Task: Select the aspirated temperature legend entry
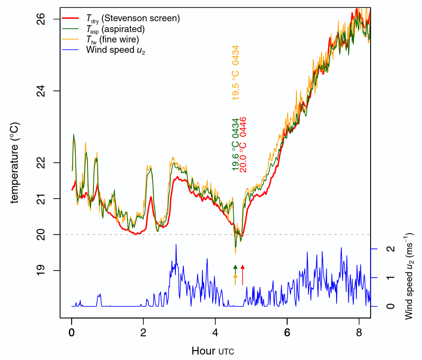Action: tap(115, 29)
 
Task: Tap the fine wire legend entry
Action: tap(112, 39)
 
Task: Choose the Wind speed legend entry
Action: tap(115, 49)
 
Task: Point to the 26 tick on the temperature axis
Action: tap(41, 19)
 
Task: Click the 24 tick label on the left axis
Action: tap(41, 91)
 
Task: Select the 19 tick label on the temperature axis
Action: tap(41, 270)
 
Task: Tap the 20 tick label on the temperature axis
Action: tap(41, 234)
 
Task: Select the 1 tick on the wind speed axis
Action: tap(390, 278)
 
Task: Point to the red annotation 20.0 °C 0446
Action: tap(243, 145)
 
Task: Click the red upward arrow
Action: tap(243, 275)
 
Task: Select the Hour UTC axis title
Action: tap(212, 351)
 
